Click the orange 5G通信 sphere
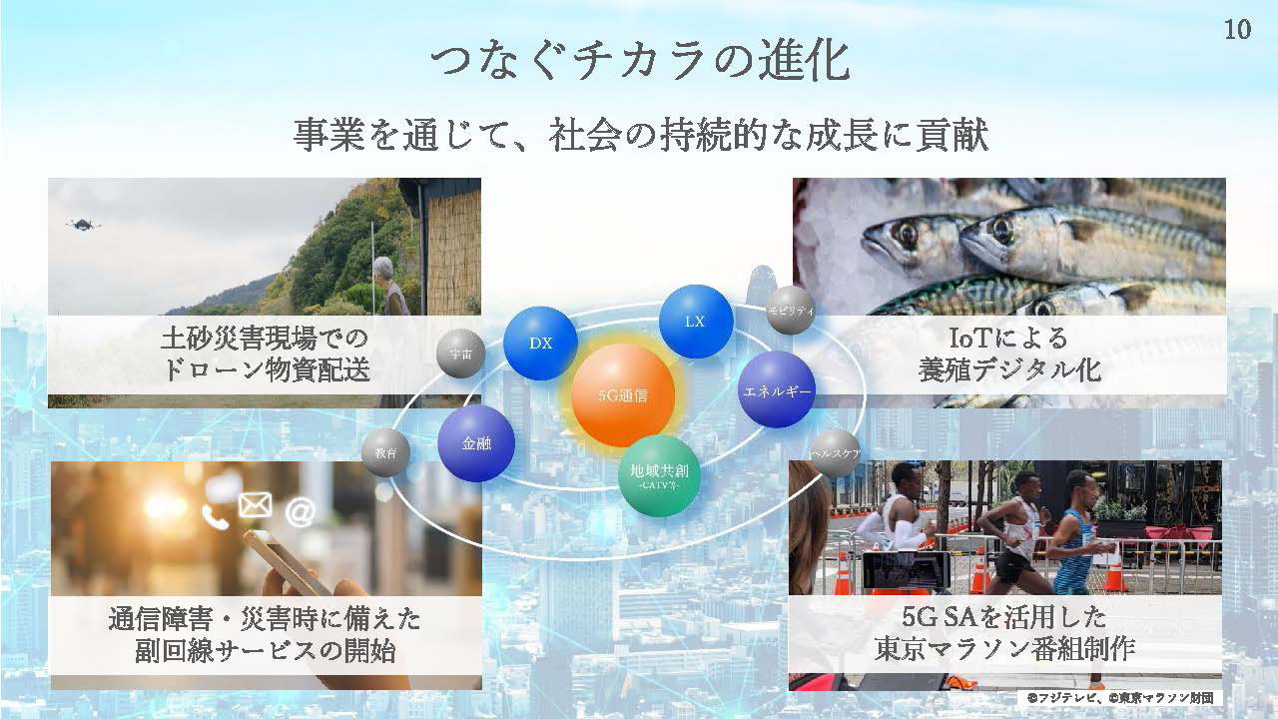[x=623, y=394]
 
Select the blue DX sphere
[x=540, y=343]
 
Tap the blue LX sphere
[x=696, y=322]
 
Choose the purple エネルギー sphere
[x=777, y=389]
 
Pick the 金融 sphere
[x=476, y=443]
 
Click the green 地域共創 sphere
[x=660, y=476]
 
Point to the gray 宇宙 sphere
[x=460, y=354]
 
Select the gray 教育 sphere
[x=385, y=453]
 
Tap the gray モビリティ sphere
[x=790, y=310]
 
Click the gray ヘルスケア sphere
[x=836, y=453]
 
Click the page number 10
[x=1237, y=29]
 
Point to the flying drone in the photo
[x=84, y=225]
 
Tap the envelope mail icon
[x=255, y=505]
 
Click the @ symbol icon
[x=301, y=512]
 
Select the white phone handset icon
[x=215, y=517]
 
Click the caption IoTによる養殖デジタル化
[x=1009, y=354]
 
